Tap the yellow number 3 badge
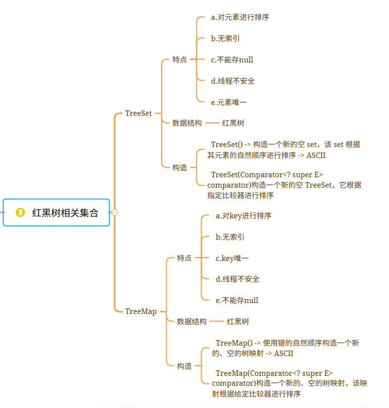(x=20, y=212)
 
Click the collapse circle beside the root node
(x=115, y=212)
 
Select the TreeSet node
(x=138, y=113)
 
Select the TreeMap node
(x=141, y=311)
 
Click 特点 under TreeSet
(x=179, y=59)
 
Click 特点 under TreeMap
(x=184, y=258)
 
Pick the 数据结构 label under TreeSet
(x=187, y=123)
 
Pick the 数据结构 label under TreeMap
(x=192, y=321)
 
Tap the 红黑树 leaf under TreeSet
(x=233, y=123)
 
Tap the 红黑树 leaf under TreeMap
(x=238, y=321)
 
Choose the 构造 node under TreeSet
(x=179, y=167)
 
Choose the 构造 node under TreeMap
(x=184, y=366)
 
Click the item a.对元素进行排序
(x=240, y=17)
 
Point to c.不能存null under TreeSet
(x=232, y=59)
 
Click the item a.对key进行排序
(x=243, y=216)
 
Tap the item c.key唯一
(x=232, y=258)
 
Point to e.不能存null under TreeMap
(x=237, y=300)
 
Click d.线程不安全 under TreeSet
(x=233, y=81)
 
